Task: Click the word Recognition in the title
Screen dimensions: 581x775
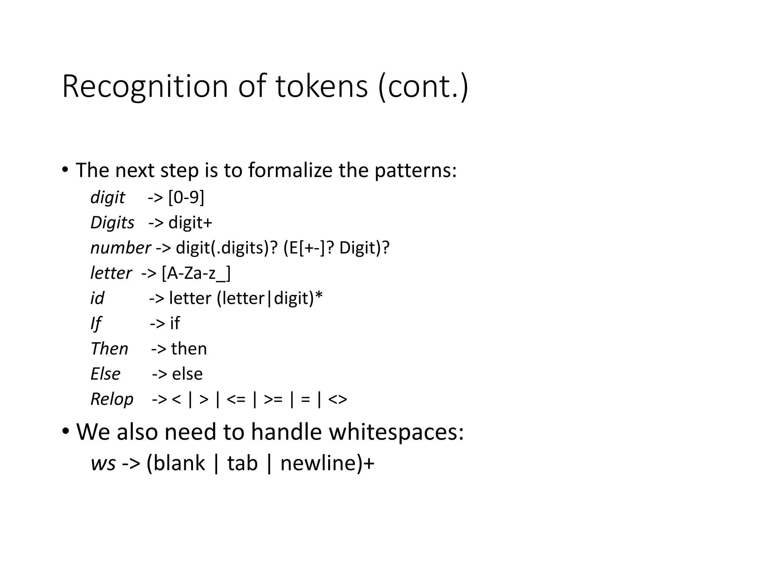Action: click(145, 87)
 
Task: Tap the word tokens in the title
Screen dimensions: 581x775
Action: click(321, 87)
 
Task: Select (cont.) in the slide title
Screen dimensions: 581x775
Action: click(423, 87)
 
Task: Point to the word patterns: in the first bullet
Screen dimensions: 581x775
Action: click(416, 170)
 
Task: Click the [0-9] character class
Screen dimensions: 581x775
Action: click(186, 197)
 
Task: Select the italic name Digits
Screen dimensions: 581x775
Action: click(112, 222)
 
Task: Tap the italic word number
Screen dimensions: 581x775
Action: click(120, 248)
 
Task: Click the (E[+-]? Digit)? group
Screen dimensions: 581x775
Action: click(336, 248)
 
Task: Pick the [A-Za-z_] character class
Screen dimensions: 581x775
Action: click(196, 273)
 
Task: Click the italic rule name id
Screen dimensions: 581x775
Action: click(97, 298)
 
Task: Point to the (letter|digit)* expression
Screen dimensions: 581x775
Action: click(269, 298)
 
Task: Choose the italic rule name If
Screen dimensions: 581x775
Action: click(96, 324)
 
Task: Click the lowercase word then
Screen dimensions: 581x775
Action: click(189, 349)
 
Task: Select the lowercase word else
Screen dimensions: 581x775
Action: click(187, 374)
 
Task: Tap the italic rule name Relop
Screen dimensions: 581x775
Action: click(112, 399)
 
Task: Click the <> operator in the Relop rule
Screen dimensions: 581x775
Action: click(338, 399)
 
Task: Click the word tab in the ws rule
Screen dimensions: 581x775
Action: click(242, 463)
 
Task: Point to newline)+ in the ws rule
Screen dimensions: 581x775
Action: click(327, 463)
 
